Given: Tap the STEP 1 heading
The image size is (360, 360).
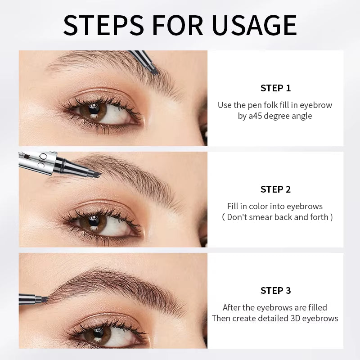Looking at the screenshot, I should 275,88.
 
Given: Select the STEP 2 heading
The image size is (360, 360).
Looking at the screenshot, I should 275,189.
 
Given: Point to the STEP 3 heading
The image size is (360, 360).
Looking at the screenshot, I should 275,291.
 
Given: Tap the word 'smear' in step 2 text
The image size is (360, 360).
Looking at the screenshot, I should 274,217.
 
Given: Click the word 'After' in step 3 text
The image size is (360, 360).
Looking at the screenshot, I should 233,308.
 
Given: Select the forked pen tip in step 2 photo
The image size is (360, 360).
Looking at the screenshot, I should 95,171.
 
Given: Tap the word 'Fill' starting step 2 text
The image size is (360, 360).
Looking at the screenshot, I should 233,207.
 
